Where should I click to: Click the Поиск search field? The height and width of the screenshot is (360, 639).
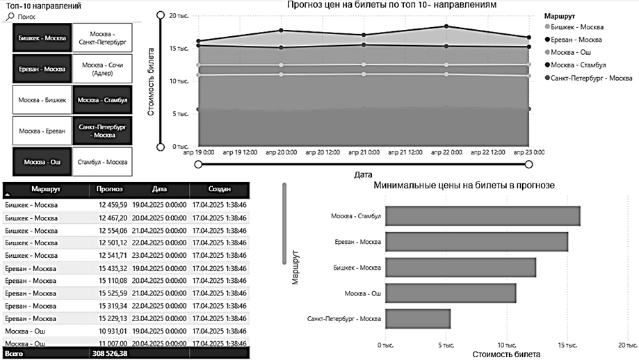(42, 15)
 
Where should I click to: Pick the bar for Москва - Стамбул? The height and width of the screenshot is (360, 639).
(482, 216)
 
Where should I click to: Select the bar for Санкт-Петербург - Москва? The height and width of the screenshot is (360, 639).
(417, 319)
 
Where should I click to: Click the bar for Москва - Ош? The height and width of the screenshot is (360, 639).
(450, 293)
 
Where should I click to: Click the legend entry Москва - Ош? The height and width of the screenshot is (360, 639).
(574, 52)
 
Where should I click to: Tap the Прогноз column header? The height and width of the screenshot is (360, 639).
(110, 189)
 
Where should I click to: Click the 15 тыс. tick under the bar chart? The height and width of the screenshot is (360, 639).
(566, 343)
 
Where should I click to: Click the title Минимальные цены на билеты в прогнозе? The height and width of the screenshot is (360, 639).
(464, 186)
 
